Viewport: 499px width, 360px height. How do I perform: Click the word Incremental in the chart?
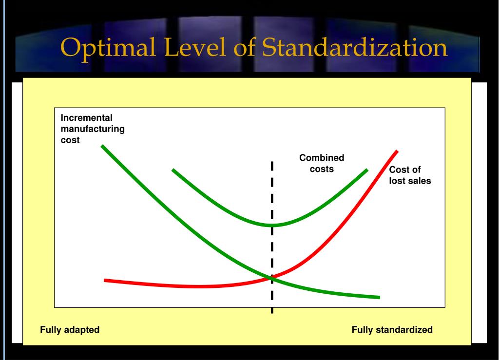tap(86, 117)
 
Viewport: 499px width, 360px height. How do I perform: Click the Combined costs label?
tap(322, 163)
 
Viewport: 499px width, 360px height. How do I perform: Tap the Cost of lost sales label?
tap(410, 175)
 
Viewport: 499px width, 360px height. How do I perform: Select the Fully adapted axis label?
tap(70, 330)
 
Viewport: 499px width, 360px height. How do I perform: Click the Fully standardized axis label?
tap(392, 330)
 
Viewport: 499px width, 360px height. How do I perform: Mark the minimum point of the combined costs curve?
tap(272, 225)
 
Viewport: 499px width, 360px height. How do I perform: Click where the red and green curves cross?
tap(271, 278)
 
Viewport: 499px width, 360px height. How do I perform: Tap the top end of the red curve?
tap(397, 152)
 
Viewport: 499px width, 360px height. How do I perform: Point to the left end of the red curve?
tap(106, 280)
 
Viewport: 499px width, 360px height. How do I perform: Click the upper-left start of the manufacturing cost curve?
tap(102, 146)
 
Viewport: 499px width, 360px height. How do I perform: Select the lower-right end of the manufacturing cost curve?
tap(378, 297)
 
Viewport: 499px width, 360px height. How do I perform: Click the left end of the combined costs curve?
tap(173, 170)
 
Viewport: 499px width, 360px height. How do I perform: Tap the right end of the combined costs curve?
tap(366, 170)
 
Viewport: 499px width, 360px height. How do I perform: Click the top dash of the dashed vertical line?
tap(272, 166)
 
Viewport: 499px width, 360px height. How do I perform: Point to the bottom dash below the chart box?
tap(272, 310)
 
